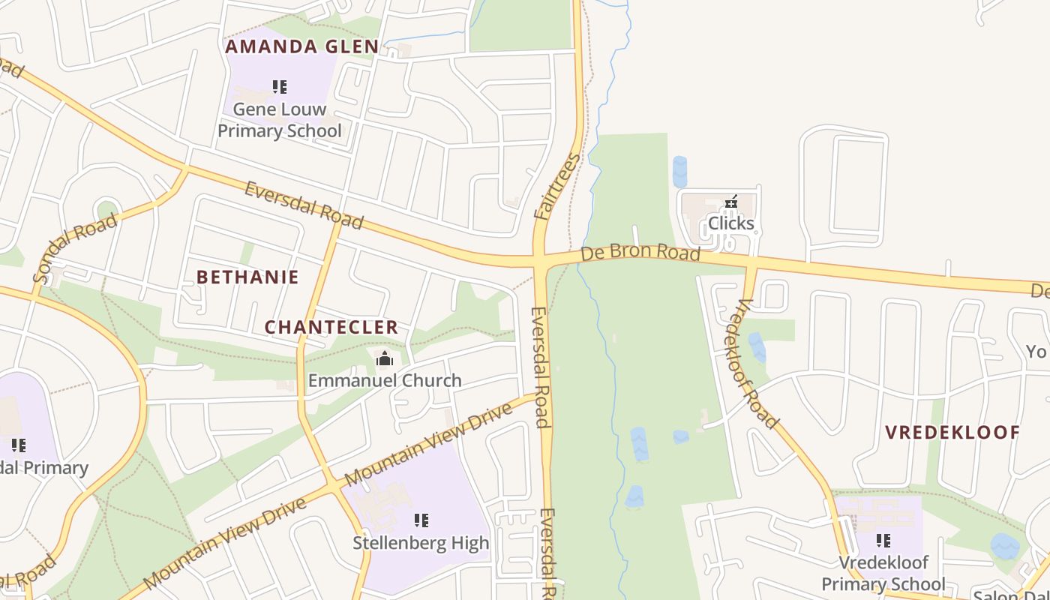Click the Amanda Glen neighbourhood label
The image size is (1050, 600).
[302, 46]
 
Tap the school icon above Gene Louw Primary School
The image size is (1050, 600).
[280, 87]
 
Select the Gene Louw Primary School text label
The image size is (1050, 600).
[279, 120]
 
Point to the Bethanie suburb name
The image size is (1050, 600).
[247, 277]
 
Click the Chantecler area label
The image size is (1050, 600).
[331, 328]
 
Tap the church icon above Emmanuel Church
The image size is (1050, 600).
[385, 358]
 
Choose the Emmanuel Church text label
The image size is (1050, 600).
[385, 380]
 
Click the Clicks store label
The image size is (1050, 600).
[730, 223]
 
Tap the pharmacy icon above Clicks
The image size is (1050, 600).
[731, 202]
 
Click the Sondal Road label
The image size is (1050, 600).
[75, 248]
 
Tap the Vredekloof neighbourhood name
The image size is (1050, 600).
[952, 433]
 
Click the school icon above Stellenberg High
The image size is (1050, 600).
[421, 520]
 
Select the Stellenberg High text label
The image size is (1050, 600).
[421, 542]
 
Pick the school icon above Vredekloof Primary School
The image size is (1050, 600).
[883, 540]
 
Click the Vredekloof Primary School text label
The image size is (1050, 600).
[883, 573]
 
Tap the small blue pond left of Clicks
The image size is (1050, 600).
[679, 172]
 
